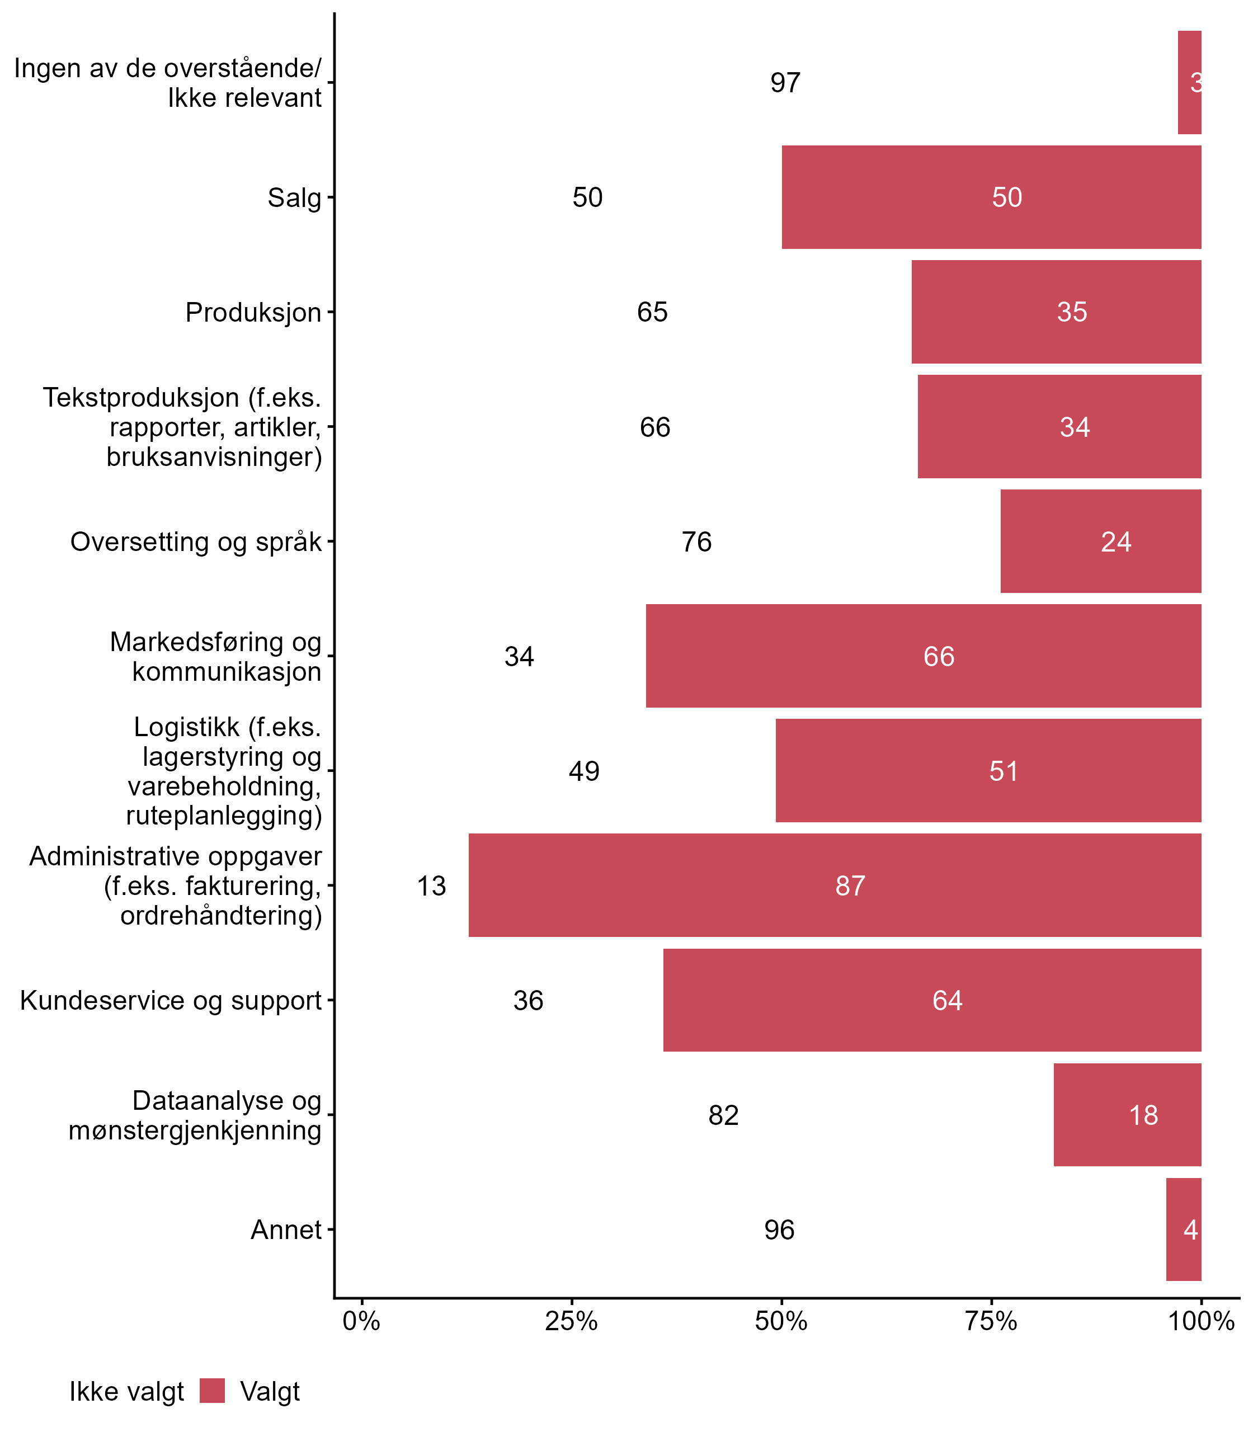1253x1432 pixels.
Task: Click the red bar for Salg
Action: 991,197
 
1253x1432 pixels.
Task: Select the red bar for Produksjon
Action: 1056,312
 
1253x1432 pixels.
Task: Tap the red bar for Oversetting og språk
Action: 1101,541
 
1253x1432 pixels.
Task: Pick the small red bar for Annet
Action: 1183,1230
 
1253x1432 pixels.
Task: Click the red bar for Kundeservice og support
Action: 932,1000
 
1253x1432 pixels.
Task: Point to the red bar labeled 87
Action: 834,885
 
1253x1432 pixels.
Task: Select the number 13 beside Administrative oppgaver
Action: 431,886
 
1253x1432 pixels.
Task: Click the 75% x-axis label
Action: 991,1321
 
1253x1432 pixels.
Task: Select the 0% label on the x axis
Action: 361,1321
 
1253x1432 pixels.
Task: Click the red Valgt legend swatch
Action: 212,1391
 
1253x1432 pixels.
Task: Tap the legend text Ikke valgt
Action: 126,1392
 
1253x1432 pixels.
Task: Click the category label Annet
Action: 286,1230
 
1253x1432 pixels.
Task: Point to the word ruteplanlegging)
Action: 224,816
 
